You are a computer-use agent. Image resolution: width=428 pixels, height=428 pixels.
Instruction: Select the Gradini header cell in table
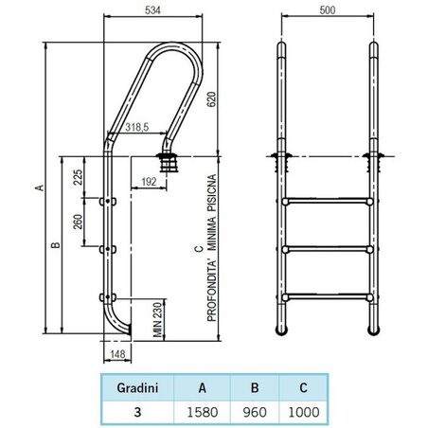point(136,387)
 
